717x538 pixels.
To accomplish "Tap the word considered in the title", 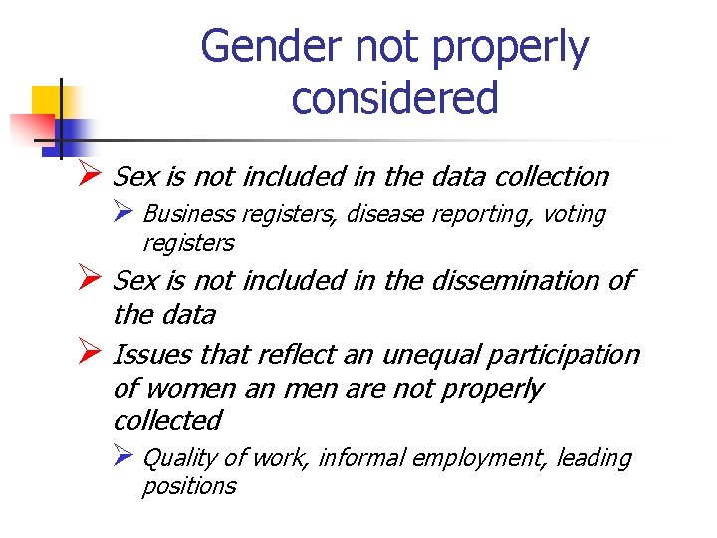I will tap(394, 98).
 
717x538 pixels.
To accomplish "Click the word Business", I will tap(189, 214).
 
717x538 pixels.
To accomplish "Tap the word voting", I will tap(574, 214).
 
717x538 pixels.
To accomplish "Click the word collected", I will tap(167, 420).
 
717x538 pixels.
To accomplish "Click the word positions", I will tap(189, 486).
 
